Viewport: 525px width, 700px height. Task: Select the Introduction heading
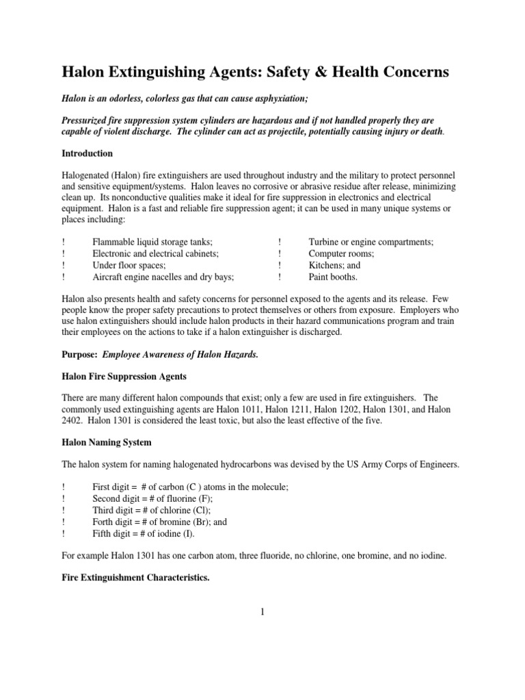pos(87,153)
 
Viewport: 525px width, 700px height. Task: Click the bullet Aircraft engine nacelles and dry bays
pos(163,277)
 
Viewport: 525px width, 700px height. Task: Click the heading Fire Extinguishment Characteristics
pos(135,578)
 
